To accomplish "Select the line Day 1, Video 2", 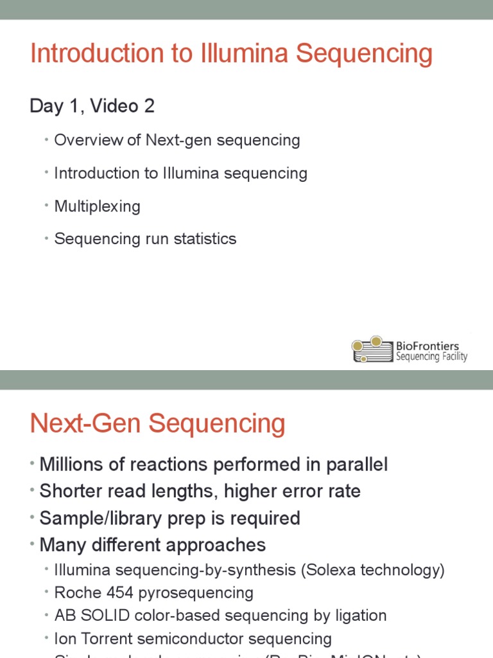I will coord(92,106).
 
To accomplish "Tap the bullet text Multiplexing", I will coord(97,206).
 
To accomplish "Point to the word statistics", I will coord(205,239).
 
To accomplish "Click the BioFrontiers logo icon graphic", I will coord(372,349).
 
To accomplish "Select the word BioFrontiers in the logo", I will coord(427,346).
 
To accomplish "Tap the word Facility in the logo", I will coord(453,357).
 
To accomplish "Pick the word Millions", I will coord(71,465).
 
